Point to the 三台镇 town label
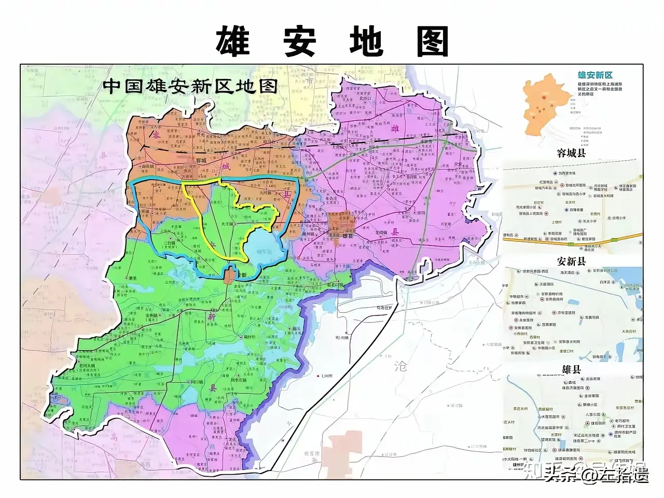coord(169,242)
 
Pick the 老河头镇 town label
coord(88,365)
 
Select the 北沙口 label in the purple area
coord(365,98)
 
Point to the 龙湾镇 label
coord(381,232)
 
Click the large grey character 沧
coord(401,367)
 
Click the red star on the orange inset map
coord(543,98)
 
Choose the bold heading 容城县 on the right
coord(571,153)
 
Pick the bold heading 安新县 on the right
coord(571,261)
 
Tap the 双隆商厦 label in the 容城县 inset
coord(576,210)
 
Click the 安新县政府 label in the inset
coord(554,299)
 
